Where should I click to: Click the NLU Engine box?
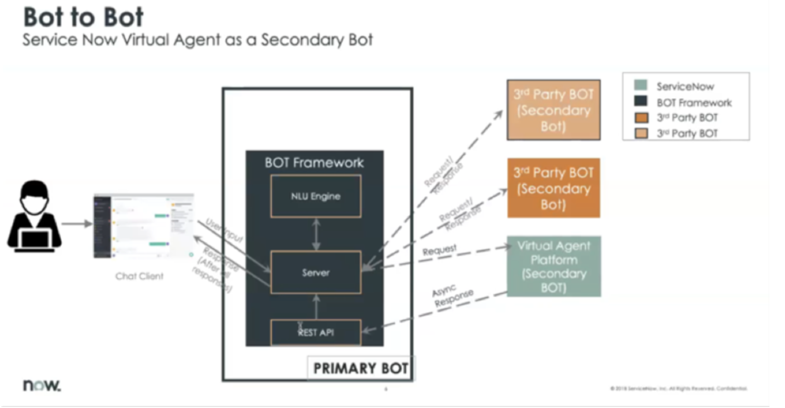pyautogui.click(x=316, y=196)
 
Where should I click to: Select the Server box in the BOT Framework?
pyautogui.click(x=316, y=273)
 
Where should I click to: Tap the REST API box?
pyautogui.click(x=316, y=333)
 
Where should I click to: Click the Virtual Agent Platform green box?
pyautogui.click(x=553, y=266)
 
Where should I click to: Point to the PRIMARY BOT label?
pyautogui.click(x=361, y=369)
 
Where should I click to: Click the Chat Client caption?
pyautogui.click(x=139, y=276)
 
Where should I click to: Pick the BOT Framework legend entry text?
pyautogui.click(x=694, y=103)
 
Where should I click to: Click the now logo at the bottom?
pyautogui.click(x=42, y=385)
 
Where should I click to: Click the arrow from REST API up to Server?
pyautogui.click(x=316, y=307)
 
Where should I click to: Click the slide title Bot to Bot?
pyautogui.click(x=84, y=18)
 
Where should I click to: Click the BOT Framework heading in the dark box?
pyautogui.click(x=314, y=162)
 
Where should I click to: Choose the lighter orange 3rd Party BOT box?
pyautogui.click(x=553, y=110)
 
